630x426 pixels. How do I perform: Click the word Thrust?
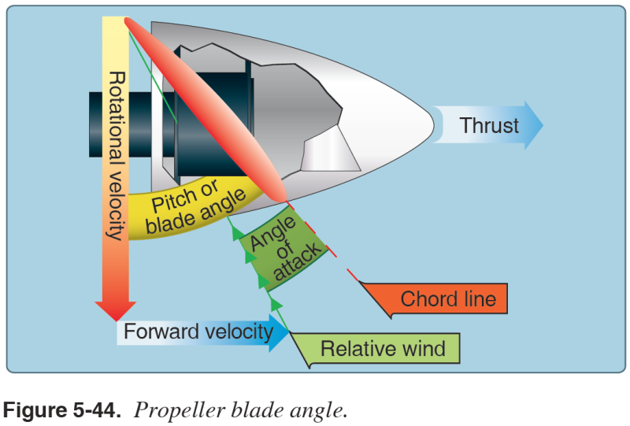(489, 126)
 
